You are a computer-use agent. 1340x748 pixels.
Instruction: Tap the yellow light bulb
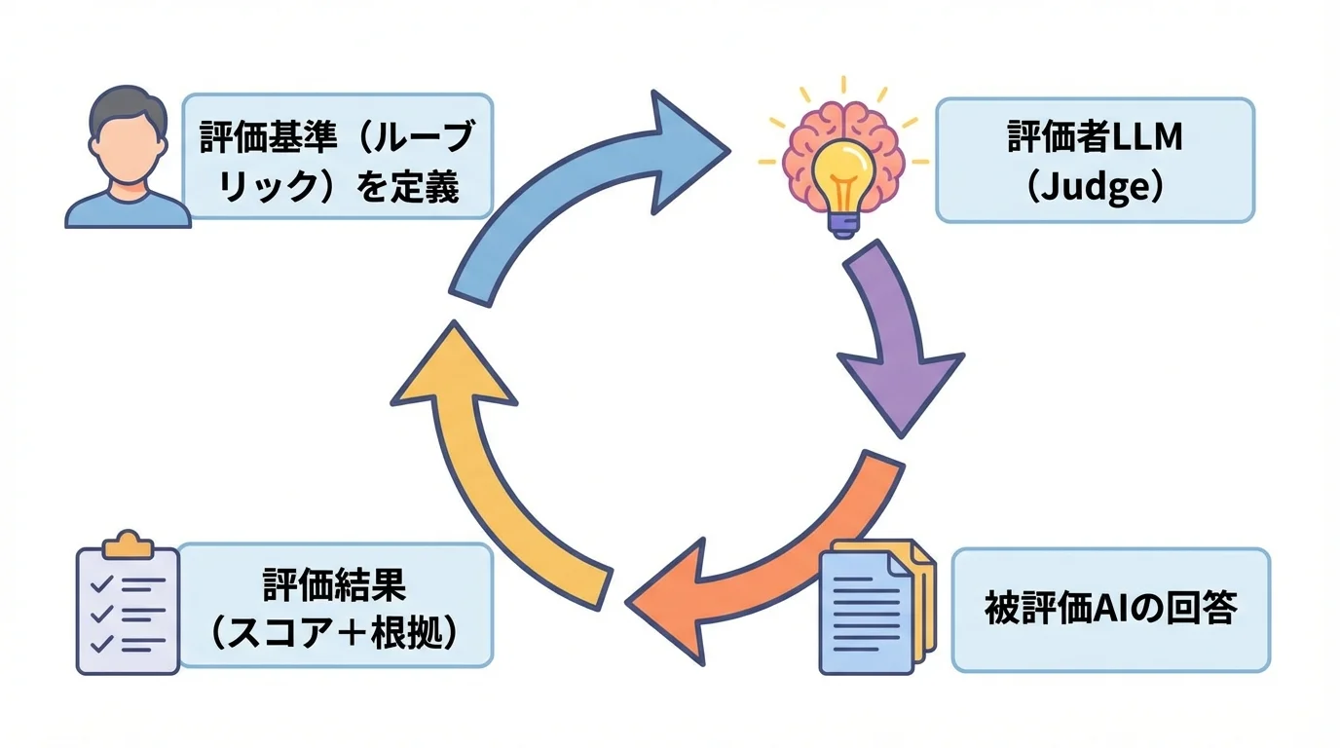tap(843, 166)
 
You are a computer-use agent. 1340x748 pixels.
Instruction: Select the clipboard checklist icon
tap(128, 604)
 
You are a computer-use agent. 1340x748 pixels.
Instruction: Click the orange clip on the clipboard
tap(128, 544)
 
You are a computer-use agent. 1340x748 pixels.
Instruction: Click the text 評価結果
tap(334, 585)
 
